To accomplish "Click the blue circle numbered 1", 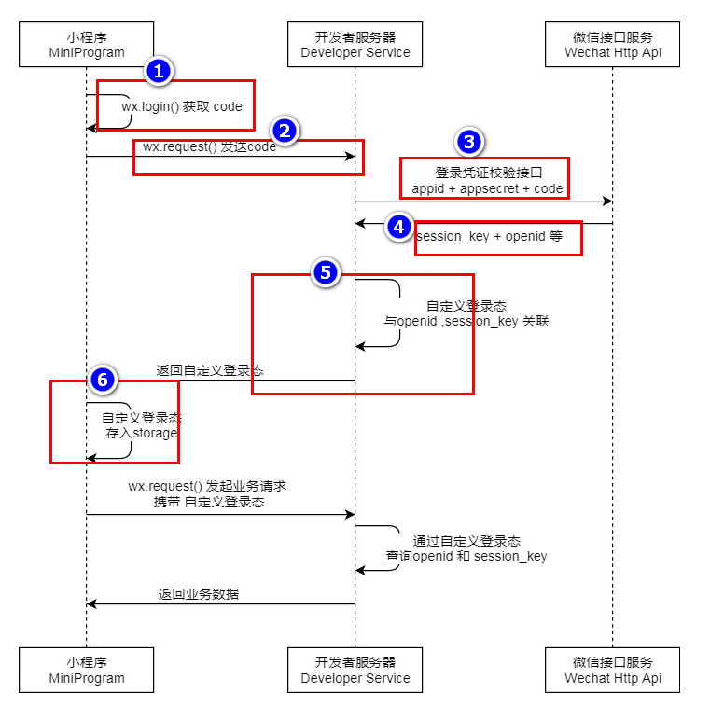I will tap(160, 72).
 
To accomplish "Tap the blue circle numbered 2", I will tap(285, 131).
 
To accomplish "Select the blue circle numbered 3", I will tap(469, 142).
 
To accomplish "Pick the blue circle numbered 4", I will tap(399, 226).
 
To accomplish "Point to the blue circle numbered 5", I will tap(325, 272).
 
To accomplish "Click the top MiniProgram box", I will tap(86, 45).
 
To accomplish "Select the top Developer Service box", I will tap(355, 45).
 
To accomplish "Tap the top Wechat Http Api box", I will tap(613, 45).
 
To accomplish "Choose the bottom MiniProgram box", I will tap(86, 670).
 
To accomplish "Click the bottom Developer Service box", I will tap(355, 670).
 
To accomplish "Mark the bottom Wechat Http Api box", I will tap(613, 670).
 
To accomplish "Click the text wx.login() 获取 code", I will tap(182, 106).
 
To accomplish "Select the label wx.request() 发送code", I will tap(209, 147).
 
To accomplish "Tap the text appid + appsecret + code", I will tap(487, 188).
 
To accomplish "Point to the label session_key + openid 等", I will tap(490, 236).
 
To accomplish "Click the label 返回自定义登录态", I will tap(210, 370).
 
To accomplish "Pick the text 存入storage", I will tap(141, 433).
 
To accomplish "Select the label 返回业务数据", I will tap(198, 593).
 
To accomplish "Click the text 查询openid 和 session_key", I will tap(466, 556).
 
